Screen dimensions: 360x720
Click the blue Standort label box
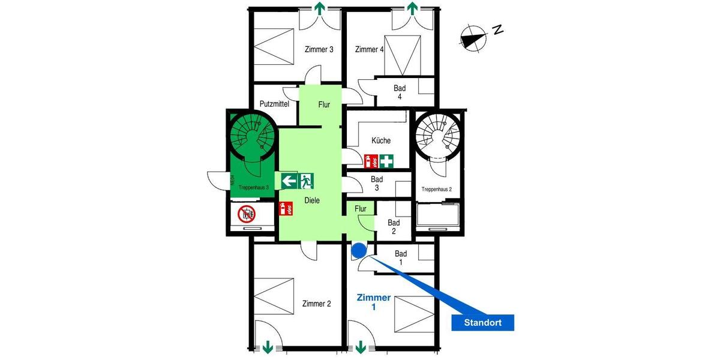pos(482,323)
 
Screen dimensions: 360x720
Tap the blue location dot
pos(359,250)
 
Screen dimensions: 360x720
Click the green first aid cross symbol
pos(386,160)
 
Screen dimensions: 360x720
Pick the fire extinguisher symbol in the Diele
pos(286,209)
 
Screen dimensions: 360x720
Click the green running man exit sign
pos(307,179)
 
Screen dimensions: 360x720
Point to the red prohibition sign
pos(247,213)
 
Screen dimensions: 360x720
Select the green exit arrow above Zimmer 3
pos(320,8)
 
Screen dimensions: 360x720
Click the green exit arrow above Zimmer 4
pos(412,8)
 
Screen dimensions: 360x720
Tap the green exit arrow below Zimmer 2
pos(268,347)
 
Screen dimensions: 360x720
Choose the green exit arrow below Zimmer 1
pos(361,347)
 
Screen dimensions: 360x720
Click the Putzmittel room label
pos(274,104)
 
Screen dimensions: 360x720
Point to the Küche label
pos(381,140)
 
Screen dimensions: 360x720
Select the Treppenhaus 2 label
pos(436,189)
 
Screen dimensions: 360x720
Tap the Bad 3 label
pos(377,184)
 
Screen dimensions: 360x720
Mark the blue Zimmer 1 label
pos(374,302)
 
